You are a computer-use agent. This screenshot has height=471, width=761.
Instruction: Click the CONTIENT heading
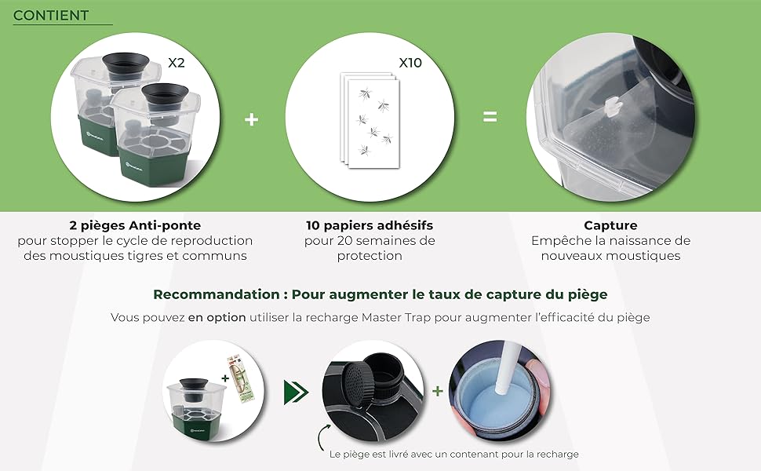click(x=51, y=16)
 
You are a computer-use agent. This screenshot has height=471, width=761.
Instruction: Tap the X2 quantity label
click(x=176, y=63)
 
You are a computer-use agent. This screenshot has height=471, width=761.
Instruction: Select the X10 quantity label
click(x=410, y=63)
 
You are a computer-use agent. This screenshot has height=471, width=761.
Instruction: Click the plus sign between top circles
click(x=251, y=119)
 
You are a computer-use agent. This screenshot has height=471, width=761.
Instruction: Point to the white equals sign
click(x=490, y=118)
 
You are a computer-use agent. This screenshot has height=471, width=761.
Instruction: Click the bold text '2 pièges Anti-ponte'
click(x=135, y=225)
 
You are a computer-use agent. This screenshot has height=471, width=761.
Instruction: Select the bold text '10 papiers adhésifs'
click(x=369, y=225)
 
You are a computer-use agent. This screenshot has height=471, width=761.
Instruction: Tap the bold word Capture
click(x=610, y=225)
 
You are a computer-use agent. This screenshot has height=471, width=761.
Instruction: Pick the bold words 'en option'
click(x=217, y=318)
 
